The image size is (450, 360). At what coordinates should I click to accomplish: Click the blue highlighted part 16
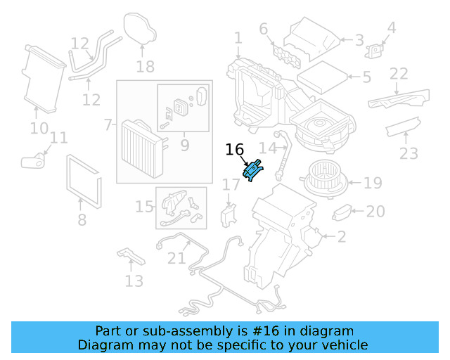252,170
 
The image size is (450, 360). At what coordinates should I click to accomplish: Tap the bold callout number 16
234,150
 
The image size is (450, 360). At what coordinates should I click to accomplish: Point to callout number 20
376,212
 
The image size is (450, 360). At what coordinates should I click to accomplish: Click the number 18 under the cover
145,67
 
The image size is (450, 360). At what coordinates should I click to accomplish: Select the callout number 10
39,129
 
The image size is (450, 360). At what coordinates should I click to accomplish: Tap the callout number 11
59,138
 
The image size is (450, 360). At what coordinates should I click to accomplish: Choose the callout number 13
134,281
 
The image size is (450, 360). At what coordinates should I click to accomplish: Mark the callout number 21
176,258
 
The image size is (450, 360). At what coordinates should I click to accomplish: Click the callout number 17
231,185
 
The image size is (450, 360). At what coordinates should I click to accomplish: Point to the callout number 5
366,77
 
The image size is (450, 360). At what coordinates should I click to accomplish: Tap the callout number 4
392,29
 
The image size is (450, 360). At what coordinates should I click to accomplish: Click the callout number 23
409,153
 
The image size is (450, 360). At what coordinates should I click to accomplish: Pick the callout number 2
342,237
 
